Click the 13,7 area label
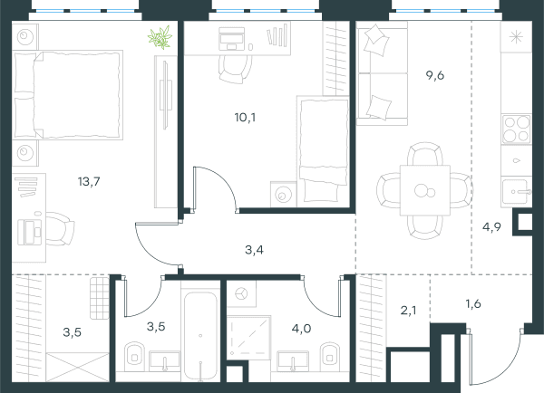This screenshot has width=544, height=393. click(x=89, y=181)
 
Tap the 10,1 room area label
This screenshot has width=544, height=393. click(x=245, y=118)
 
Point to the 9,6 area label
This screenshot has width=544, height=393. click(x=435, y=75)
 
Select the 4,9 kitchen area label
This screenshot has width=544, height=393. click(x=491, y=227)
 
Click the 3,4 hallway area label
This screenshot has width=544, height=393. click(x=254, y=250)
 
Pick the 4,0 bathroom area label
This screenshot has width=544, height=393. click(x=301, y=328)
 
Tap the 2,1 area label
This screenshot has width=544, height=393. click(x=408, y=311)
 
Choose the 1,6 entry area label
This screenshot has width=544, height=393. click(x=473, y=304)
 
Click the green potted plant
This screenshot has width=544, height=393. click(x=160, y=37)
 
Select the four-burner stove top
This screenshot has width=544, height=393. click(x=516, y=129)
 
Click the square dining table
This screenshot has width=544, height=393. click(x=425, y=190)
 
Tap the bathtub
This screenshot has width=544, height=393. click(x=200, y=336)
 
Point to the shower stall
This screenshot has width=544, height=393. click(x=248, y=338)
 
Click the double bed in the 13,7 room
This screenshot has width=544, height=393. click(x=68, y=94)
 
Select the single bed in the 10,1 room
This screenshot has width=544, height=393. click(x=323, y=151)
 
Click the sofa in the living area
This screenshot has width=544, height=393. click(x=382, y=73)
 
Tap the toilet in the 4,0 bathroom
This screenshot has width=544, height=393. click(x=330, y=353)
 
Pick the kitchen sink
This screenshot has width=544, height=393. click(x=516, y=191)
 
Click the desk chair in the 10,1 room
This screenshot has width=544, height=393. click(x=236, y=70)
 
